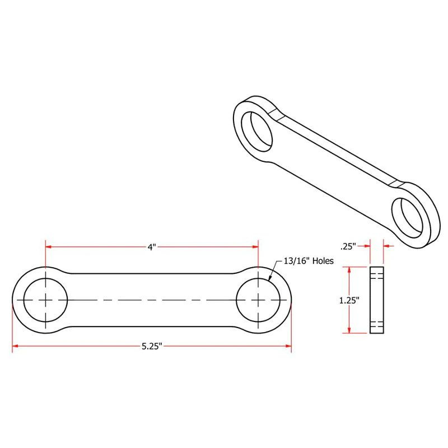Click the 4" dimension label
(x=151, y=247)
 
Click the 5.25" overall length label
(x=151, y=347)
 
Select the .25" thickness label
(x=348, y=245)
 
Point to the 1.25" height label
(x=349, y=300)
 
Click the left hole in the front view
(x=45, y=300)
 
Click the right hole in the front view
(x=258, y=300)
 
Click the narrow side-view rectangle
(x=377, y=300)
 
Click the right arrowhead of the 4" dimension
(x=254, y=246)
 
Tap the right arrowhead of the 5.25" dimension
(x=287, y=347)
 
